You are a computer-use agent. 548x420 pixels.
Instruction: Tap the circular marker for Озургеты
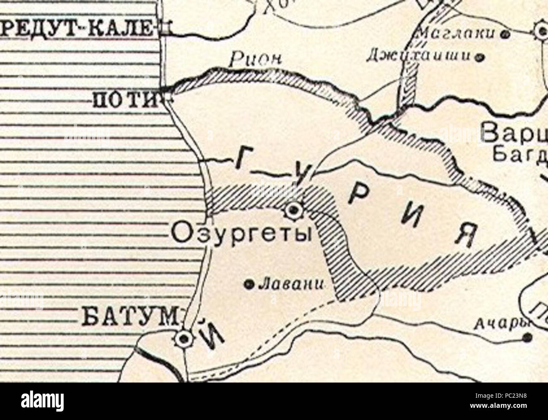click(x=292, y=210)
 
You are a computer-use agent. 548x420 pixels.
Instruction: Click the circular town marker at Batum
click(x=184, y=337)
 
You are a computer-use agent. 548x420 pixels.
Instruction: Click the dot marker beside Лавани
click(x=248, y=285)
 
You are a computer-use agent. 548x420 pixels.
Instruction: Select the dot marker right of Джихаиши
click(x=479, y=56)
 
